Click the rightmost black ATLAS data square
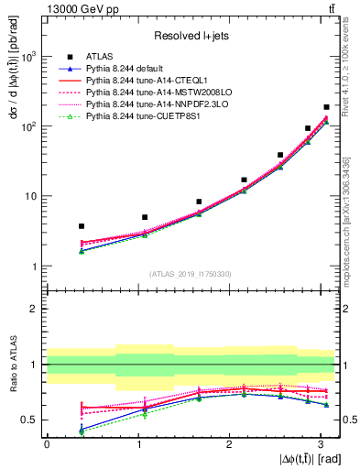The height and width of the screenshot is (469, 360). [x=326, y=107]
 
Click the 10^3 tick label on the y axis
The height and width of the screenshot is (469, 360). [x=29, y=57]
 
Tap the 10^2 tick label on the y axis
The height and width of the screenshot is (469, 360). [x=29, y=126]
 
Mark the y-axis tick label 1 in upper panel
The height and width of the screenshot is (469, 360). [x=35, y=267]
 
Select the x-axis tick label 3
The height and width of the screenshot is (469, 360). [x=321, y=444]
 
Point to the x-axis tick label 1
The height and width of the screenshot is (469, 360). [x=138, y=444]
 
